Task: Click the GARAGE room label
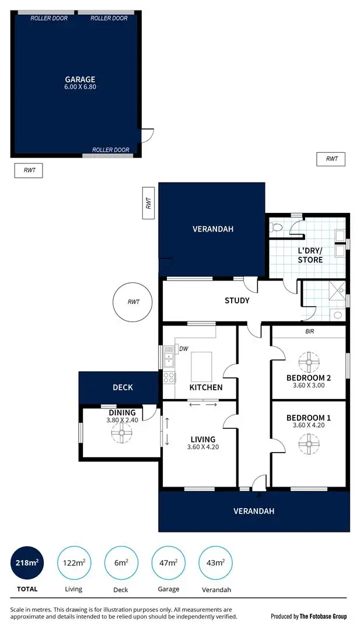[x=80, y=79]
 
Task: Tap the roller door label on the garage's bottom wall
[x=110, y=150]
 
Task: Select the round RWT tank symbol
[x=134, y=302]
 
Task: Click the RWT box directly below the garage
[x=29, y=170]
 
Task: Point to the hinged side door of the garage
[x=148, y=135]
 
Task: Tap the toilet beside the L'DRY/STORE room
[x=278, y=228]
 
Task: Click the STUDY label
[x=237, y=300]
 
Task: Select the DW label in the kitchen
[x=183, y=349]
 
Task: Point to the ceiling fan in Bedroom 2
[x=308, y=362]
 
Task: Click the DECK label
[x=123, y=387]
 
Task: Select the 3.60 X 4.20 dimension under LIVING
[x=202, y=447]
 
